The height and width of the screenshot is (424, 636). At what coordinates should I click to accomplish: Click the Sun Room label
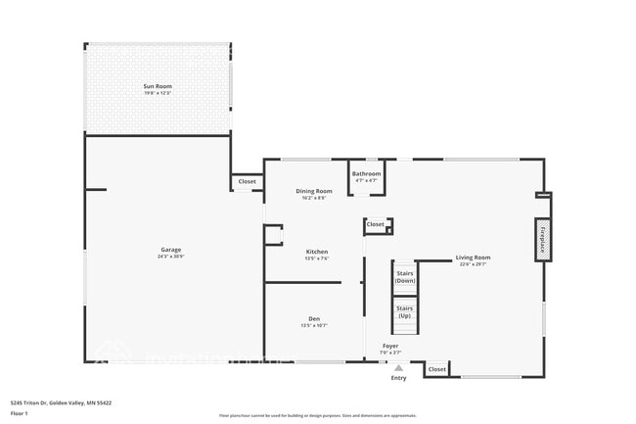158,86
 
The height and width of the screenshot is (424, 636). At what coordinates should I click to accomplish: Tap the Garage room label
171,250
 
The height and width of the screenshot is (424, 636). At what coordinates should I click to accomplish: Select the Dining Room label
314,191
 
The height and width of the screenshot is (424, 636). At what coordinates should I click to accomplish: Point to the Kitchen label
316,252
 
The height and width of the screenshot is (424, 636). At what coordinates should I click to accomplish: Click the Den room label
314,319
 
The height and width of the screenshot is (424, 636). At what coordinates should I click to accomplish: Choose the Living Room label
473,258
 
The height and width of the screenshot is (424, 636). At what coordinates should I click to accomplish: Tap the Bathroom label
367,173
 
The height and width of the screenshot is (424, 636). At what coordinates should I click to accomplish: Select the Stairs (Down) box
405,276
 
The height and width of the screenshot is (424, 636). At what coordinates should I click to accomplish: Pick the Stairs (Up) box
405,311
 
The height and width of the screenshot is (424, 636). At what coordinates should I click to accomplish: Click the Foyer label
390,347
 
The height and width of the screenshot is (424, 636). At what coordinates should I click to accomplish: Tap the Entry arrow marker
398,368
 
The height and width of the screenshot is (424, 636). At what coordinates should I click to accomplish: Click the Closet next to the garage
248,181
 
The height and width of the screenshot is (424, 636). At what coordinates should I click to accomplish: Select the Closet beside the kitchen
376,224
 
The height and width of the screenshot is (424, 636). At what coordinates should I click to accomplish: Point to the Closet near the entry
437,369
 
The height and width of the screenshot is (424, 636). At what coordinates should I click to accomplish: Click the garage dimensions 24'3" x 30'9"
171,257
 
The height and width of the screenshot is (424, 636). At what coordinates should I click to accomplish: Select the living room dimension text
473,264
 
